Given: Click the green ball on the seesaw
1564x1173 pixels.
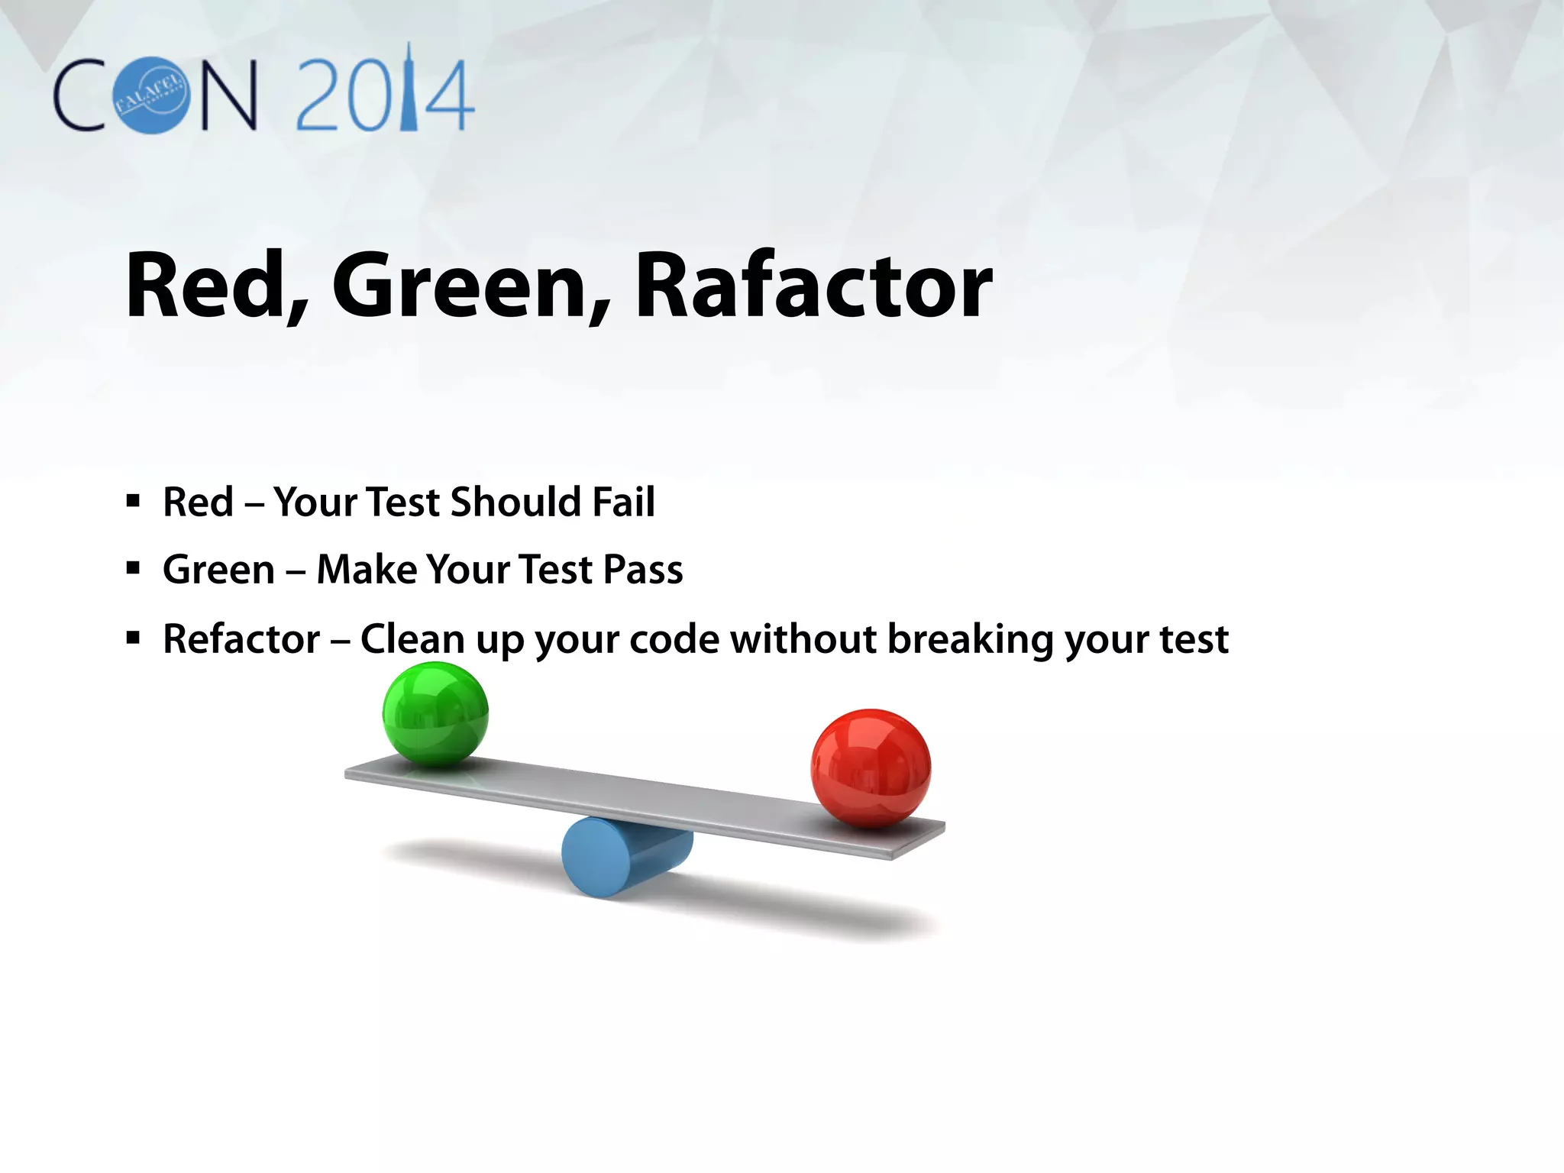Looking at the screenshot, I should (435, 714).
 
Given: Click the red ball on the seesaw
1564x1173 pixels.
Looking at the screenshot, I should (871, 767).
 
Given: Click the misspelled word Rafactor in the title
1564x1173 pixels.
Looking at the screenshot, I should (813, 286).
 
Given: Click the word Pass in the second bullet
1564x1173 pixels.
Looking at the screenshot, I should (643, 570).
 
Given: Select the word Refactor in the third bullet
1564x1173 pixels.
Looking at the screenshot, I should (241, 639).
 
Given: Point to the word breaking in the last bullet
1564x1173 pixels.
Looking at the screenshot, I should (971, 640).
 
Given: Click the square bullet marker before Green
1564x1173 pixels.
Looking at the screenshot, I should (134, 569).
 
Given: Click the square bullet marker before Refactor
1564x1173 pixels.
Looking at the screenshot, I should (134, 638).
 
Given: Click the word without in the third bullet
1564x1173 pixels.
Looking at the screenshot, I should (803, 639).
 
